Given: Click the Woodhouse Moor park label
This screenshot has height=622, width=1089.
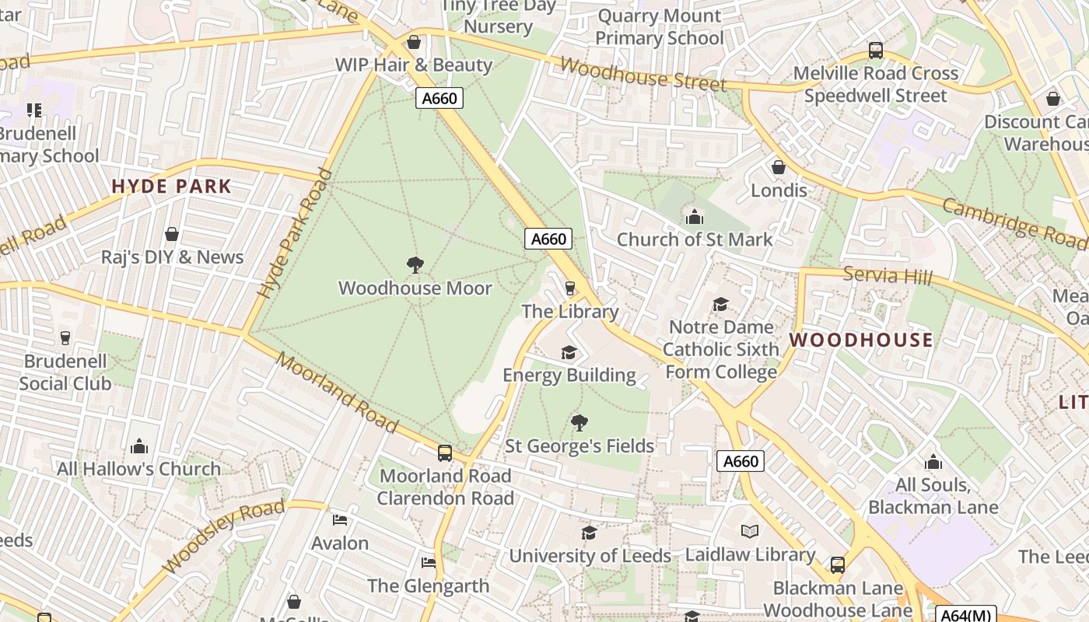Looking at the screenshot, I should point(415,288).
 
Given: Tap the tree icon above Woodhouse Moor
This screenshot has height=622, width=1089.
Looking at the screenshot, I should point(415,265).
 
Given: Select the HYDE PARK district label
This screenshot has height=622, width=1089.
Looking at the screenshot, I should point(171,187).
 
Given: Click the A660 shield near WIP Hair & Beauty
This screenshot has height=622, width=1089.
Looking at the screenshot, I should point(439,98).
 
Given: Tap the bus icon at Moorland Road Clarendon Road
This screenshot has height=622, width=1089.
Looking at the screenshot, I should point(445,453).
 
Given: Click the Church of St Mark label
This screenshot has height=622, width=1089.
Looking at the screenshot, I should point(695,239).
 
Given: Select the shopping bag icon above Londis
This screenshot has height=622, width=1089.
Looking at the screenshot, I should point(778,167).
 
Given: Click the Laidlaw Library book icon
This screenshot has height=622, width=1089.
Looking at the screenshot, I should point(750,531).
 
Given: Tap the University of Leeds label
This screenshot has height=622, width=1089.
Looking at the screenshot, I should point(590,556).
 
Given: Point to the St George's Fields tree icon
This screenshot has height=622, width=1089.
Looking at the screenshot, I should point(579,423).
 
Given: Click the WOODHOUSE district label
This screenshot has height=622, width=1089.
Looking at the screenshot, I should point(861,340).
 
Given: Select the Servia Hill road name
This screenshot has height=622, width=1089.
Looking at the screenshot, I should point(888,275).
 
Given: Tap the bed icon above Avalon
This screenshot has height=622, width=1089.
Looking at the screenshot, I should point(340,519).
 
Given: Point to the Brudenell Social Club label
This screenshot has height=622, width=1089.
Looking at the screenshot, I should point(65,372).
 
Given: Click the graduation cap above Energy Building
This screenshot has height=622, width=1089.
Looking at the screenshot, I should point(569,353).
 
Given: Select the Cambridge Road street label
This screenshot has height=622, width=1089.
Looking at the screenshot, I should point(1014,223).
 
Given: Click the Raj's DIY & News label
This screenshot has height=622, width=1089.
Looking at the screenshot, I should point(172,257).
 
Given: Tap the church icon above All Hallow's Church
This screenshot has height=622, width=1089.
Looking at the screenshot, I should point(139,446).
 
